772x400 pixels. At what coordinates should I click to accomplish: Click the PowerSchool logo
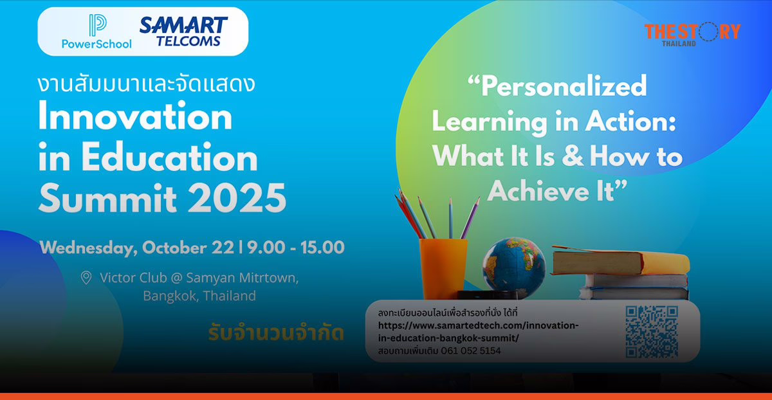click(96, 32)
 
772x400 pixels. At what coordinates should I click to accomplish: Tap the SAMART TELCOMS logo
click(183, 32)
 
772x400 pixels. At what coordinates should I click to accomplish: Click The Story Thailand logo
click(692, 33)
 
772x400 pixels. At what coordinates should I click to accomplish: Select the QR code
click(651, 332)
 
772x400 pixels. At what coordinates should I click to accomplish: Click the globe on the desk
click(513, 267)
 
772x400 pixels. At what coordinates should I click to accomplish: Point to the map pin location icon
click(86, 278)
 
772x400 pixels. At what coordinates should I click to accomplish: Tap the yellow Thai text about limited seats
click(276, 334)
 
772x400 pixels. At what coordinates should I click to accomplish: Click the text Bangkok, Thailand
click(199, 296)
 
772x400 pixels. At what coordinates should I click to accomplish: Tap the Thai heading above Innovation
click(147, 84)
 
